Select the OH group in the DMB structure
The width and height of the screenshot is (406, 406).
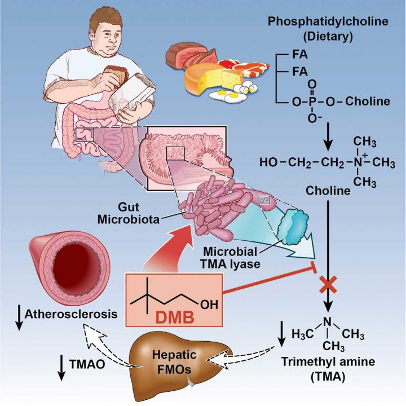pyautogui.click(x=209, y=304)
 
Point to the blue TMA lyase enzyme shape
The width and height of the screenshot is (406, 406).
pyautogui.click(x=293, y=228)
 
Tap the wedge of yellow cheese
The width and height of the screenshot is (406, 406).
pyautogui.click(x=209, y=79)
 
